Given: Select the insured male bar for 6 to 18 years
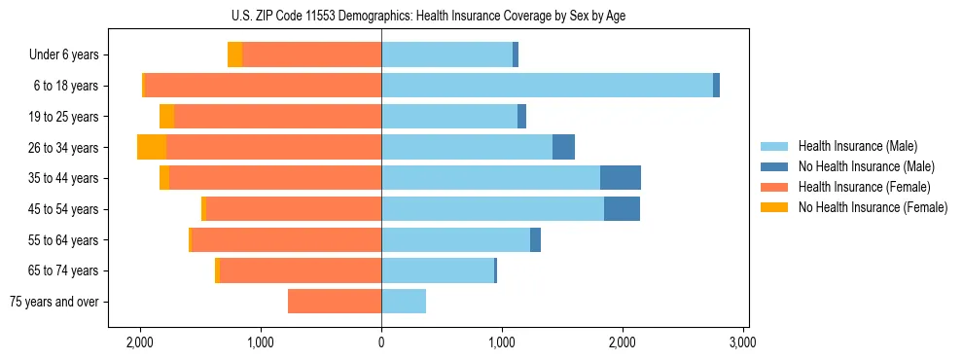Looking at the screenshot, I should point(547,86).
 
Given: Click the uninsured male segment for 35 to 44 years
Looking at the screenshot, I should point(620,178).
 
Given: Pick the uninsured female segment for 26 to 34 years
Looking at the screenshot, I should point(152,147).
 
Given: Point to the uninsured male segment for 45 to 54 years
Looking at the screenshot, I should point(622,209).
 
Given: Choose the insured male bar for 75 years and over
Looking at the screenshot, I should point(404,302).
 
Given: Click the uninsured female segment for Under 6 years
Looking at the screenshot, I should point(234,54).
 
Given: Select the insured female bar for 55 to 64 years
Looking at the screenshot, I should point(286,240).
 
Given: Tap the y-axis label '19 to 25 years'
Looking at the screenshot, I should point(63,117).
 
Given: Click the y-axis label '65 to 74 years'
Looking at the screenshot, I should point(63,271).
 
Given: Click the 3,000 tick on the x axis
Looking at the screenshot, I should point(743,342).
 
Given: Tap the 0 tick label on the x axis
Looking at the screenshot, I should point(381,342).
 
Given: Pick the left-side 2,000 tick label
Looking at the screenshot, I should point(140,342).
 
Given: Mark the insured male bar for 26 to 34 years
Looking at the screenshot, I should point(467,147).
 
